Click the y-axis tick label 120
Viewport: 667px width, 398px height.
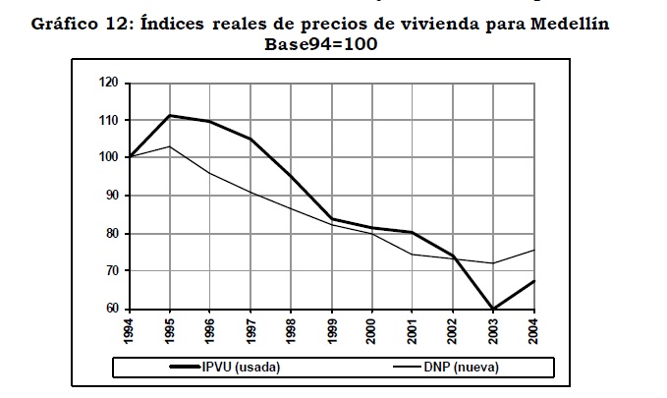pos(107,84)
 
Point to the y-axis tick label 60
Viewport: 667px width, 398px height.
pos(110,309)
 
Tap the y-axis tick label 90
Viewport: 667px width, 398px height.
pos(110,196)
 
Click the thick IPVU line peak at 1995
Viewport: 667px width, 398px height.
pos(170,115)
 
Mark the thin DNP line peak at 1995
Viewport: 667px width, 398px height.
pos(170,146)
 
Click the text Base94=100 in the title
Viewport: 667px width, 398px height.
pos(321,44)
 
